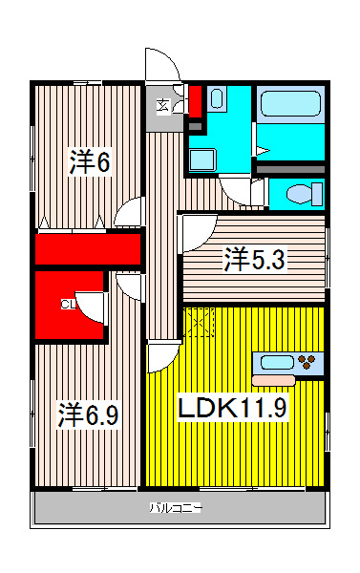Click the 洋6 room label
[x=89, y=162]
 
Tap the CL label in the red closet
[x=68, y=305]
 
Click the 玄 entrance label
[x=163, y=105]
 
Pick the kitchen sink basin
[x=276, y=362]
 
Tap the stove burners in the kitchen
[x=308, y=362]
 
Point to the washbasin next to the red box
[x=216, y=98]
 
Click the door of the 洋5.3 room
[x=199, y=230]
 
